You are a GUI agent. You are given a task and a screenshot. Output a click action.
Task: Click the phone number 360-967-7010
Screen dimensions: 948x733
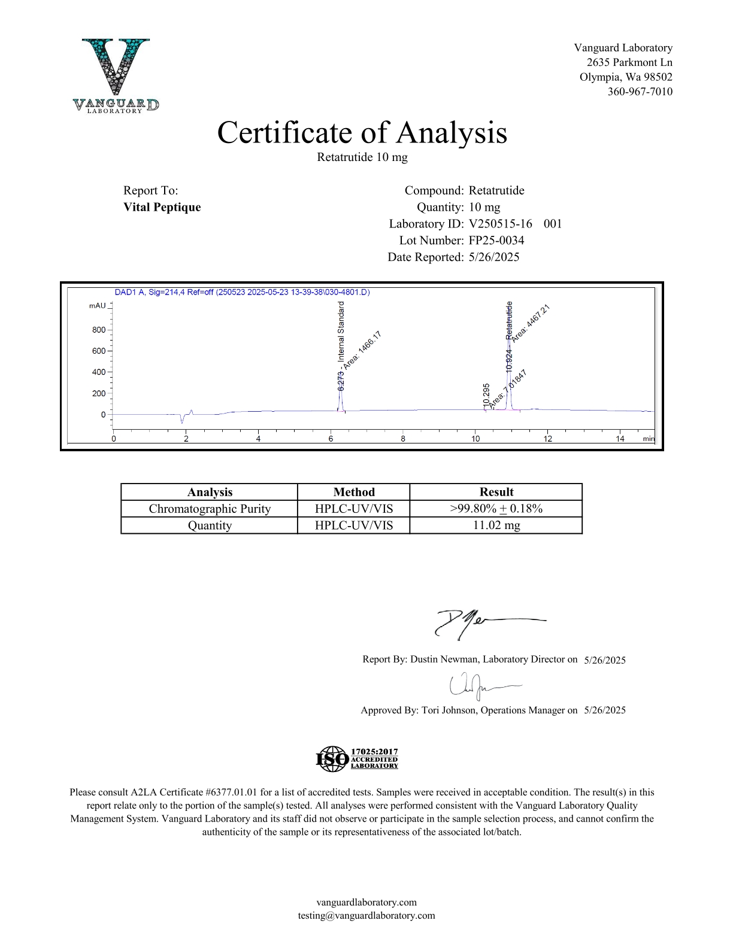(x=640, y=92)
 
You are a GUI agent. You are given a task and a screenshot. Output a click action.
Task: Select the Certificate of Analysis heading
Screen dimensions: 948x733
(x=362, y=132)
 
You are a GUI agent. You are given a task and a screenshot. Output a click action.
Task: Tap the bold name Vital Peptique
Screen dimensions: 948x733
(x=162, y=207)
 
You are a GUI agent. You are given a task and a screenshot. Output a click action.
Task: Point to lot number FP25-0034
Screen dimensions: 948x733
(x=496, y=241)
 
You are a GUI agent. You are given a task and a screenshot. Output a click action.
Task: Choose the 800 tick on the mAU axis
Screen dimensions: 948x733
(x=99, y=330)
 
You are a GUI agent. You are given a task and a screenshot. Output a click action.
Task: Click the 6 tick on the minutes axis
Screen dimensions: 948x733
(x=331, y=439)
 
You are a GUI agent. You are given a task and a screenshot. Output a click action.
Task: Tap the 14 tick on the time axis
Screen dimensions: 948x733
(x=620, y=439)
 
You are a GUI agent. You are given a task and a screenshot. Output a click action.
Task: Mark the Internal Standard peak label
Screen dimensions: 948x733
(x=341, y=332)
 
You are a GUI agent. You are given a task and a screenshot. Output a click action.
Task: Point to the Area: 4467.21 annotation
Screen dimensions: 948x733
(x=531, y=323)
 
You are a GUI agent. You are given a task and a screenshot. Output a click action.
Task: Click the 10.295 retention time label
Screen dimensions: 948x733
(x=487, y=396)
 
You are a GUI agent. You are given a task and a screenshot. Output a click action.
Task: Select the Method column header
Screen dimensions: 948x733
(x=354, y=492)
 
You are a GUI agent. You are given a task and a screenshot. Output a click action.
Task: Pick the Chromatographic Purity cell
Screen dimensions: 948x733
(x=210, y=509)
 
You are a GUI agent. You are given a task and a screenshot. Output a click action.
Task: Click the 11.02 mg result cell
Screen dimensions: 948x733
(x=496, y=525)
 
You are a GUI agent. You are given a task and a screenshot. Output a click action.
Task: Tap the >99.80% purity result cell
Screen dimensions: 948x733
(x=496, y=509)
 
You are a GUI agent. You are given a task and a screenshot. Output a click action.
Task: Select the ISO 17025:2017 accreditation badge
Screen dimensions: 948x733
(x=357, y=758)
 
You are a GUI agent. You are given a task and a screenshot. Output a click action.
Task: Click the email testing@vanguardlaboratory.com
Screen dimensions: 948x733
(x=366, y=915)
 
